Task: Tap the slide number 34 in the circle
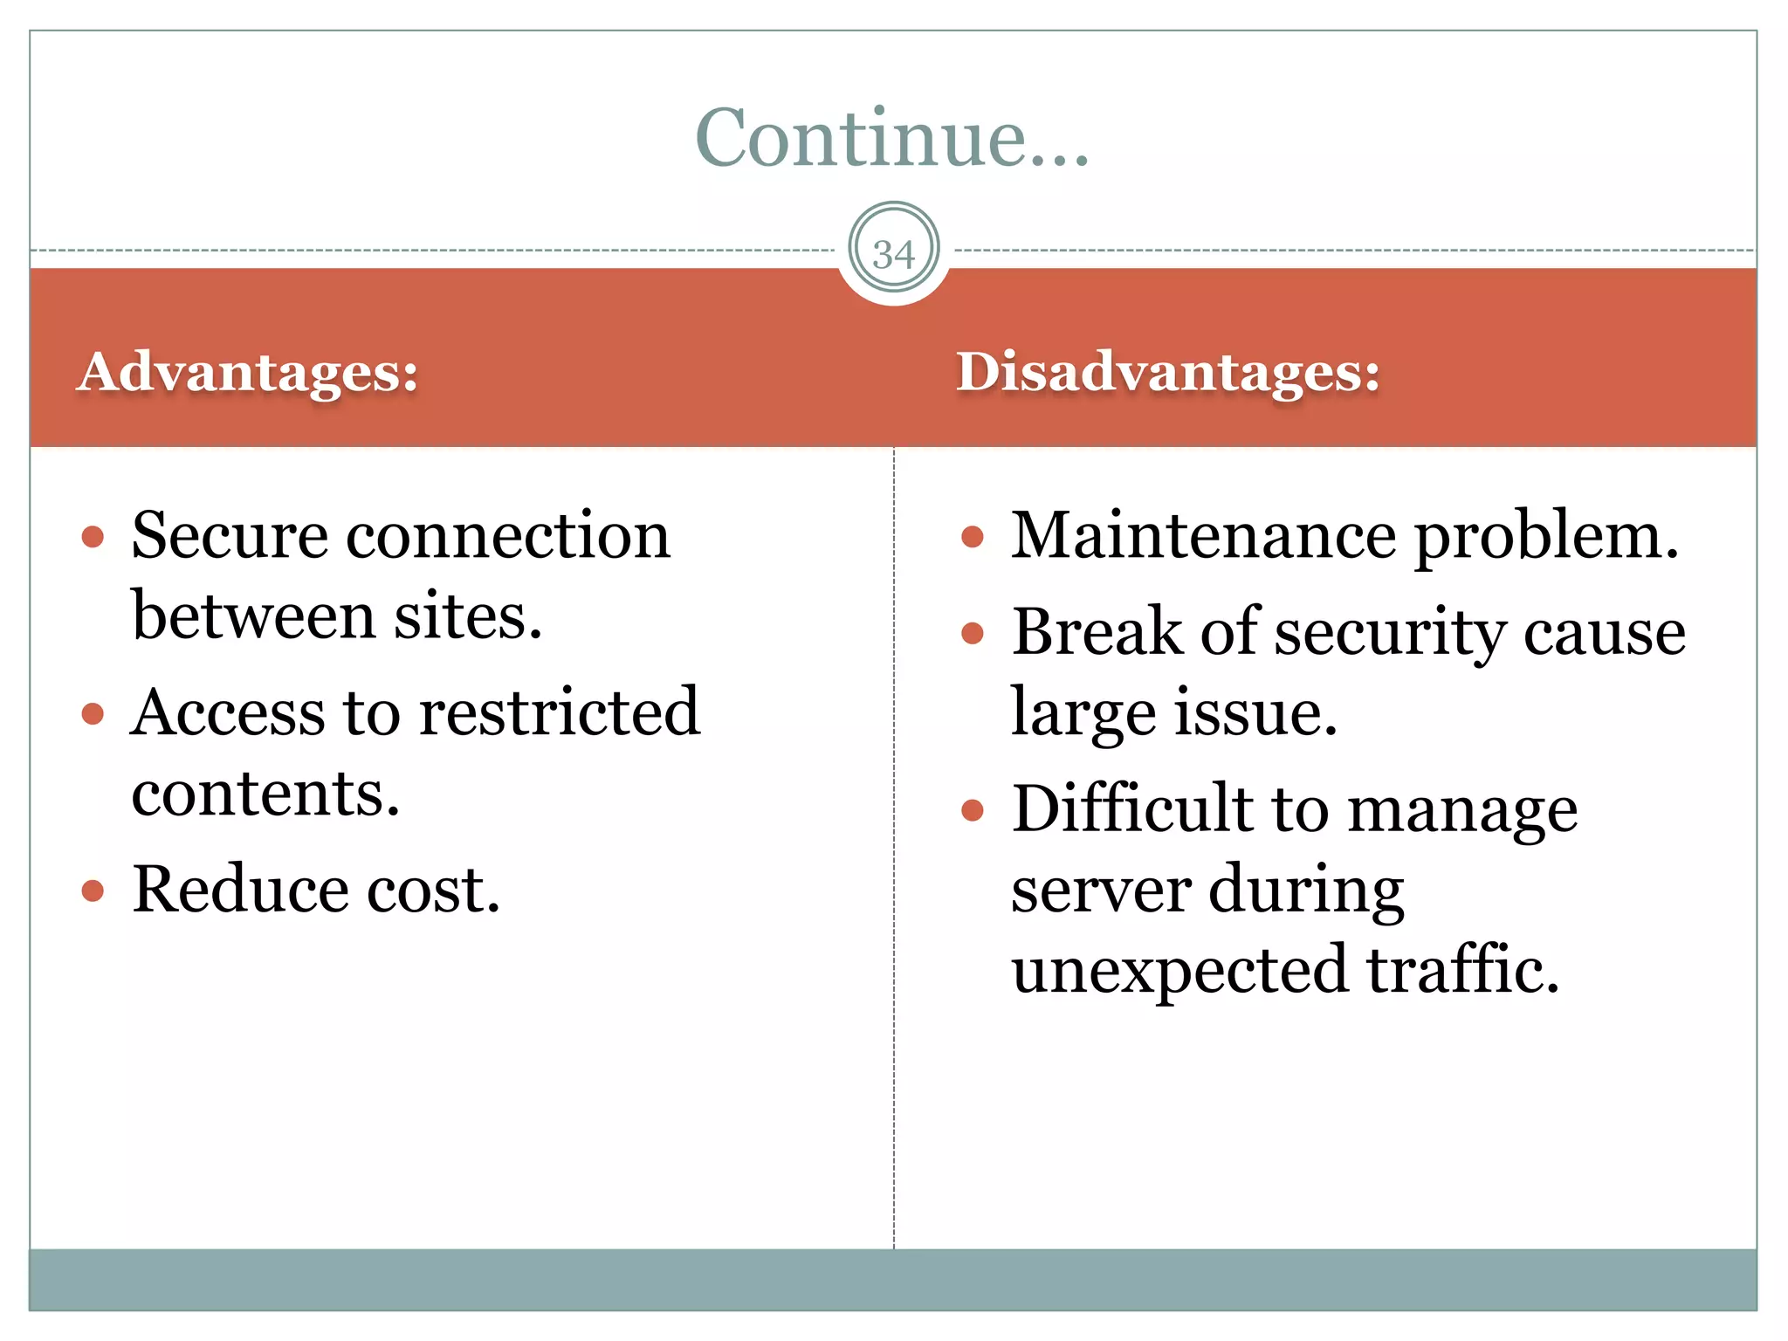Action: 893,254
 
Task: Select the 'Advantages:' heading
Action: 248,372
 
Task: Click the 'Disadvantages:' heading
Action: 1168,372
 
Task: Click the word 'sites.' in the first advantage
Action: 468,616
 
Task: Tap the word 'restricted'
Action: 560,712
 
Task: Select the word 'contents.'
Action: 265,794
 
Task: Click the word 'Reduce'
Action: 240,890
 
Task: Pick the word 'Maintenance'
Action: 1203,535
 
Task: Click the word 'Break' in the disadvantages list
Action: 1097,631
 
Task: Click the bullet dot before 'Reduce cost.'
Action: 93,891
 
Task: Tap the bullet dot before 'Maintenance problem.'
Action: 973,537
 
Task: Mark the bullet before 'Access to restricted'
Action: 93,714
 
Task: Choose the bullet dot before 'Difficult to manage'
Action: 973,810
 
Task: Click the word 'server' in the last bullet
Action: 1101,890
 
